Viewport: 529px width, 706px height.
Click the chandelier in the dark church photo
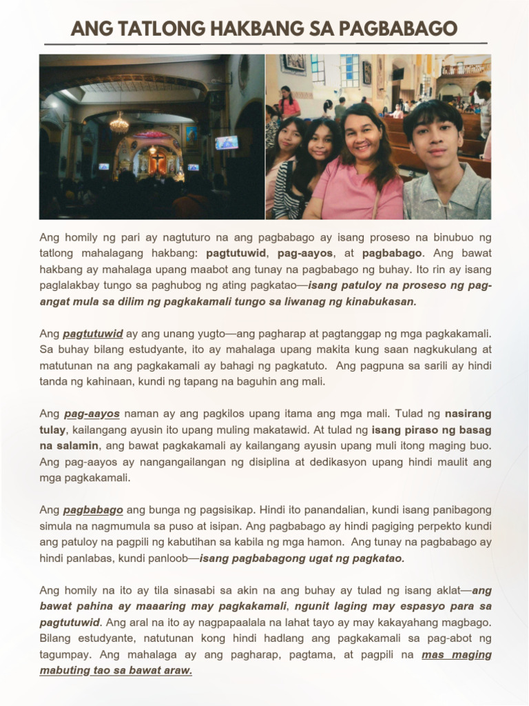(119, 124)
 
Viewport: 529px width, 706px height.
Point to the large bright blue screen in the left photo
(227, 143)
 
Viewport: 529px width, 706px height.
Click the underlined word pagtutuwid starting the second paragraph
(93, 334)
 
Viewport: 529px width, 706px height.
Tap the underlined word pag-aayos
(92, 414)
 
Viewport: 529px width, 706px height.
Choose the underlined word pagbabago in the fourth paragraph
(93, 510)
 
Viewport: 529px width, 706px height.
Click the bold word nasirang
(468, 414)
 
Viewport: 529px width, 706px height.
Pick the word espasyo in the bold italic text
(413, 606)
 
